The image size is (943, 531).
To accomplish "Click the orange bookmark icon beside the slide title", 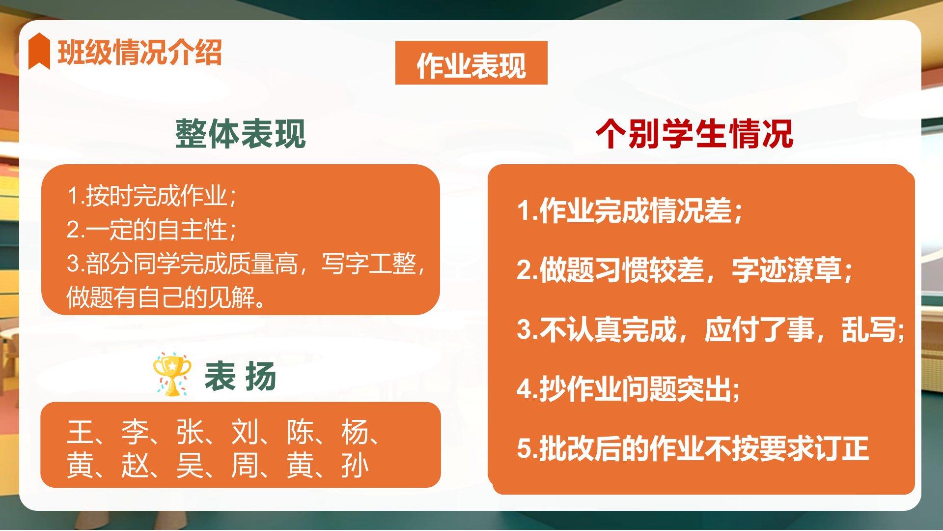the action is tap(39, 51).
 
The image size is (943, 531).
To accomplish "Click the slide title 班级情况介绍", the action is tap(140, 52).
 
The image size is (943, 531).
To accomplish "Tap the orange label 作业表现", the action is tap(471, 63).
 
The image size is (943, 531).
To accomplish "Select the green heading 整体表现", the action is tap(241, 134).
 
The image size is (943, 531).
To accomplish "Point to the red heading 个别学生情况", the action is tap(694, 134).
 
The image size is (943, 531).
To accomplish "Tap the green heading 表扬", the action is tap(240, 377).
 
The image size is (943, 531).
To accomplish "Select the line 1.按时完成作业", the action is tap(152, 196).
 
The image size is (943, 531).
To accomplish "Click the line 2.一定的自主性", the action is tap(152, 230).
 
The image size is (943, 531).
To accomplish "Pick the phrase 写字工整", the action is tap(369, 264).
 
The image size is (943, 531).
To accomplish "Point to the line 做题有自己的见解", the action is tap(166, 297).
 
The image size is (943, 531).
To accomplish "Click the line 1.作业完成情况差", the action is tap(630, 211).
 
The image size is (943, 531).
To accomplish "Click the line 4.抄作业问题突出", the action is tap(628, 389).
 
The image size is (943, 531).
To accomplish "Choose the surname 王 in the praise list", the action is tap(80, 433).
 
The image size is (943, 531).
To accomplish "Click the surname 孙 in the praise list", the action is tap(355, 466).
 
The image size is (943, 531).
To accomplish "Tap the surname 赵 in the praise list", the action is tap(135, 466).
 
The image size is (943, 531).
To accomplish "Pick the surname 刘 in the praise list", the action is tap(245, 433).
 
